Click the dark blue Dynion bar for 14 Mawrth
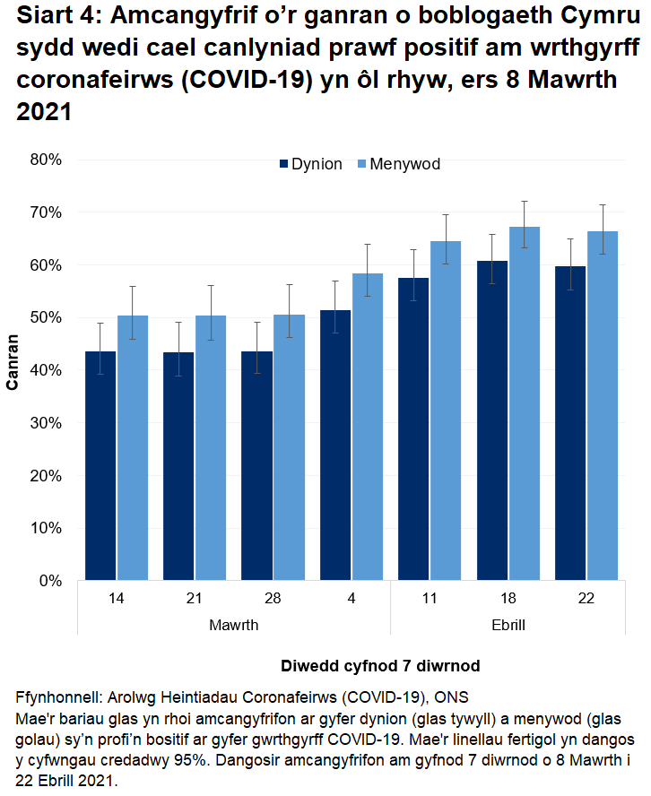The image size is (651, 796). tap(100, 466)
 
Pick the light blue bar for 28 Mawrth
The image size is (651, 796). tap(289, 447)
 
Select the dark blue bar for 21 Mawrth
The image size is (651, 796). tap(178, 466)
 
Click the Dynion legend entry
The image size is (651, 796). tap(310, 164)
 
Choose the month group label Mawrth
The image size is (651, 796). tap(233, 623)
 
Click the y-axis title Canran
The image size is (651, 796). tap(13, 362)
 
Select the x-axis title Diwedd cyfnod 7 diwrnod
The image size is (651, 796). tap(380, 666)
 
